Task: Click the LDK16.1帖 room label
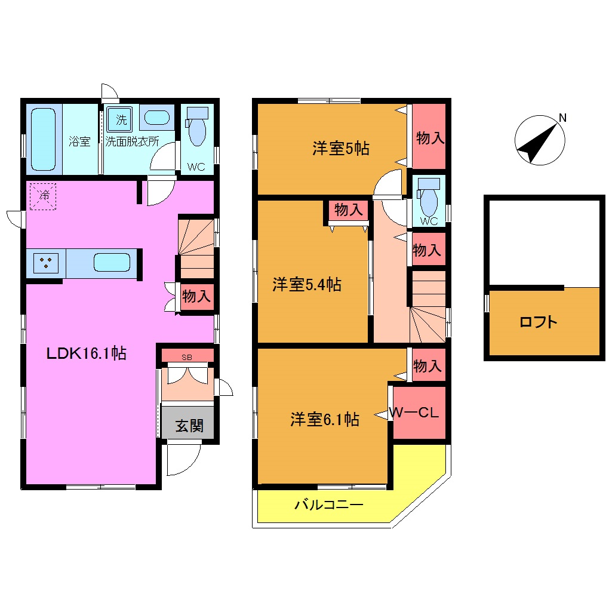[87, 353]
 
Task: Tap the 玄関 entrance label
[189, 426]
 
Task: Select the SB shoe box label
[187, 356]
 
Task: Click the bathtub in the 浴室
[43, 139]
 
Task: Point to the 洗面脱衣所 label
[132, 142]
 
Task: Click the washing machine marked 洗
[121, 119]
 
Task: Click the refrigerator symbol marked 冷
[44, 196]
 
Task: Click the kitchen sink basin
[112, 263]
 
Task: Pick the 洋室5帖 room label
[341, 149]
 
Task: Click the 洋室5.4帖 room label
[307, 285]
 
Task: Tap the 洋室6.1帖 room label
[325, 420]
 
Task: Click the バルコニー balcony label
[328, 506]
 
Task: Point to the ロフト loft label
[539, 323]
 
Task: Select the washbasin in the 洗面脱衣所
[156, 118]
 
